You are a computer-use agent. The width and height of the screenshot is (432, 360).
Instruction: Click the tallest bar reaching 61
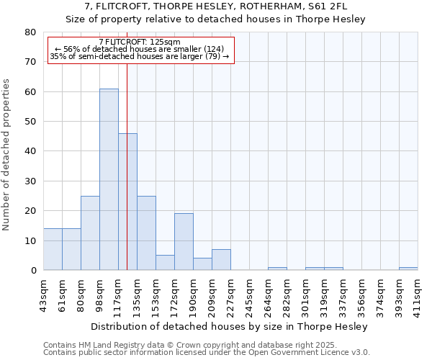[109, 179]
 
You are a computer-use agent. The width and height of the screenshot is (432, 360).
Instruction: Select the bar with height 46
[127, 202]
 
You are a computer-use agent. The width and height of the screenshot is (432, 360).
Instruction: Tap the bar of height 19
[184, 242]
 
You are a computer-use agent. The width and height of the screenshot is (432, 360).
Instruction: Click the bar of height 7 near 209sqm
[221, 260]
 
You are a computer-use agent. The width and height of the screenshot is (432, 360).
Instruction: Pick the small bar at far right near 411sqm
[408, 269]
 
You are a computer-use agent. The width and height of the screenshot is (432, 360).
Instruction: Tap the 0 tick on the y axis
[33, 271]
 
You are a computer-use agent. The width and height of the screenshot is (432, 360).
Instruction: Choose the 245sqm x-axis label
[249, 293]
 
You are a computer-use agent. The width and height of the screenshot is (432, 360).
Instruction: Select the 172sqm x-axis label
[174, 293]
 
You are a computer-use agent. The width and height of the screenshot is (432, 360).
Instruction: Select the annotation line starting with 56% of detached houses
[140, 50]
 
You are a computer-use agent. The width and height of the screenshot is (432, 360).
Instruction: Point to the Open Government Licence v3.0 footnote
[288, 353]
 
